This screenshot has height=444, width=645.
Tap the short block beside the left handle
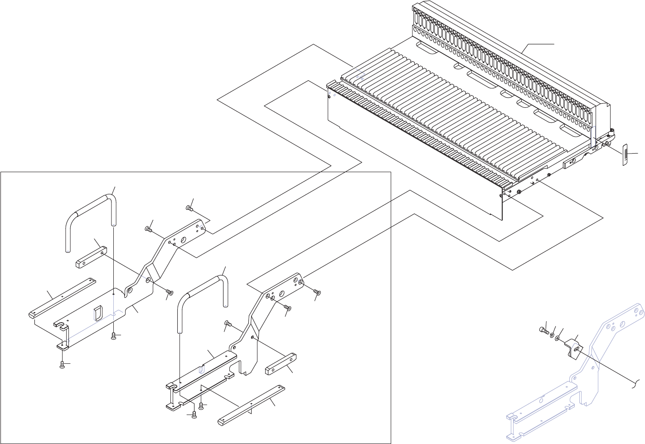point(91,256)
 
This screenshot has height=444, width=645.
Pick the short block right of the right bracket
point(281,364)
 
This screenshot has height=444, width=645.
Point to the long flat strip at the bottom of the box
point(252,405)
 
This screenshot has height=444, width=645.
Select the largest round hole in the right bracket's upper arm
point(281,294)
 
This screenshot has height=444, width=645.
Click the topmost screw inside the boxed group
point(189,208)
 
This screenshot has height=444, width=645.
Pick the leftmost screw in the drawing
point(63,365)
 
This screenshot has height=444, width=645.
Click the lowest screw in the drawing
point(194,416)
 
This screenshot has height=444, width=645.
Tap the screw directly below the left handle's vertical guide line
point(114,336)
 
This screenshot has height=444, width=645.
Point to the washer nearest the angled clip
point(558,338)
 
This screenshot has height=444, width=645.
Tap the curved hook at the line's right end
point(638,383)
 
